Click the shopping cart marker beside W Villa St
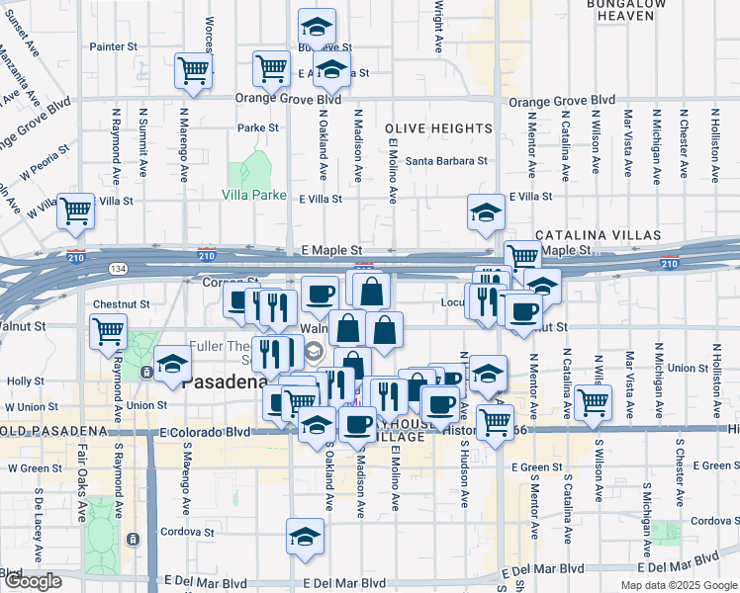pos(75,211)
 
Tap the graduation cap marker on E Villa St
pos(485,212)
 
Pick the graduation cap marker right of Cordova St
pos(303,537)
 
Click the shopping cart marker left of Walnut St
pos(108,332)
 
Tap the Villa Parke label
pos(253,195)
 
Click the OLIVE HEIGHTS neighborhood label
pos(438,129)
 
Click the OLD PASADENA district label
pos(52,432)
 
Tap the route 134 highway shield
pos(118,268)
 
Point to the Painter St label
pos(112,46)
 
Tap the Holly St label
pos(19,381)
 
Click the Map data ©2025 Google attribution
pos(678,585)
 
